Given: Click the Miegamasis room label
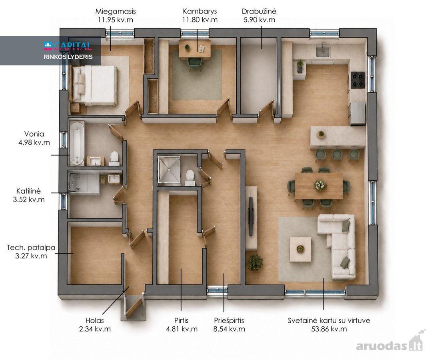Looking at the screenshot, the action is (x=115, y=12).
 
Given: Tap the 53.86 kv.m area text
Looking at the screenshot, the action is (x=329, y=329).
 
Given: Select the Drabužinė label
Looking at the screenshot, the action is (x=259, y=12).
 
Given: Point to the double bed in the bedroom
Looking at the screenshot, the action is (x=95, y=85).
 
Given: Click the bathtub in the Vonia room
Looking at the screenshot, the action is (x=76, y=143).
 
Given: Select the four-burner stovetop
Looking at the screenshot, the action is (x=358, y=80).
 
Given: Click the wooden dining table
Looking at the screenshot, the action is (x=319, y=186).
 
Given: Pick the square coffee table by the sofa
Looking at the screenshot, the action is (x=300, y=249).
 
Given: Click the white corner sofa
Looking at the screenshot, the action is (x=339, y=243).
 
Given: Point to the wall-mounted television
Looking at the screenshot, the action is (x=251, y=216).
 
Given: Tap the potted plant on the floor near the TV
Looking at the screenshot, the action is (x=255, y=262).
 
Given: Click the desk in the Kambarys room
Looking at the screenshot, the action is (x=195, y=49).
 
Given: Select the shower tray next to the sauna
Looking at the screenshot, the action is (x=169, y=170).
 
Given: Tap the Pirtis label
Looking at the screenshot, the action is (x=182, y=320).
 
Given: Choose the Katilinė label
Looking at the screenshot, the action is (x=28, y=191).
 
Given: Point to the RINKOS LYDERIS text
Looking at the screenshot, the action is (x=68, y=57).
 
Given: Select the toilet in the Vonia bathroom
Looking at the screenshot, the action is (x=114, y=158).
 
